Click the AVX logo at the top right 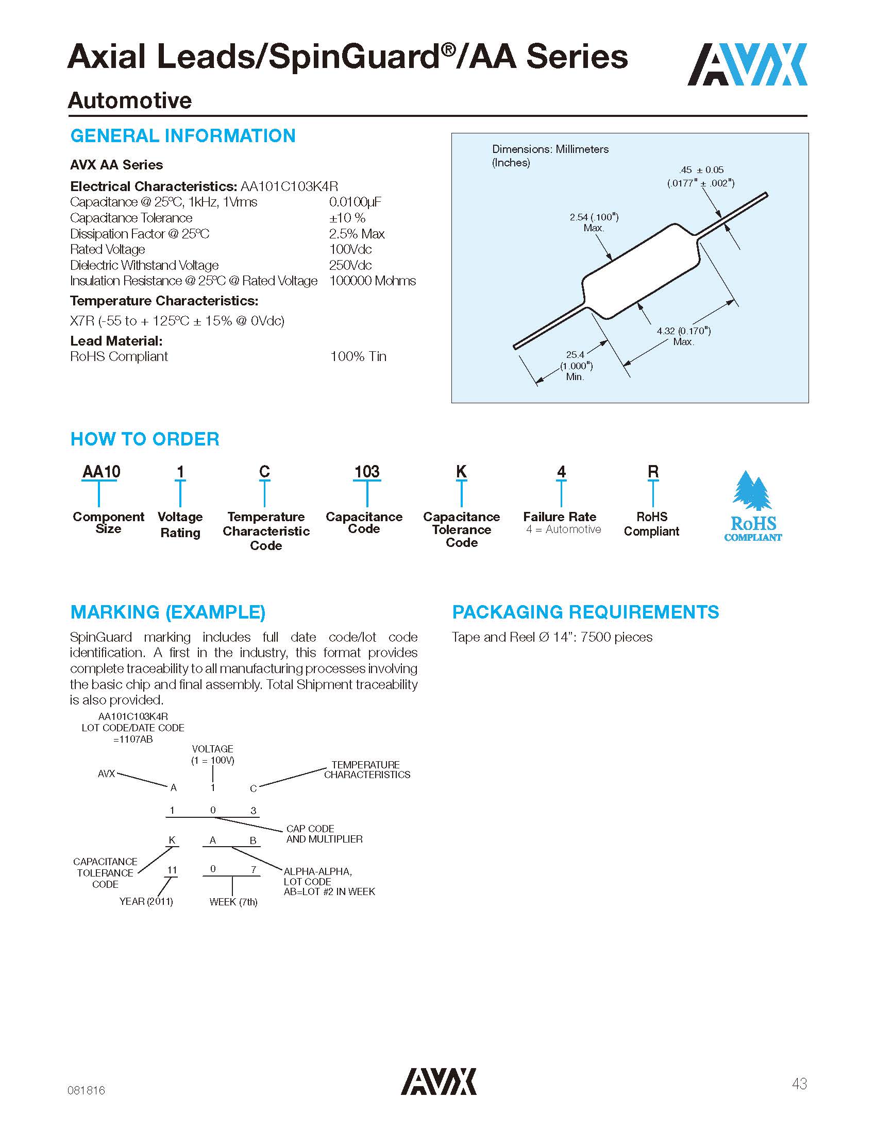pos(747,64)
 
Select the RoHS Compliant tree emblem pos(752,506)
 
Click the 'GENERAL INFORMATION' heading pos(183,136)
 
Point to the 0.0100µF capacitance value pos(355,202)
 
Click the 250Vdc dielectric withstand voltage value pos(350,265)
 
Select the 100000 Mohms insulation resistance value pos(372,281)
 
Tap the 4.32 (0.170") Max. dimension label pos(683,336)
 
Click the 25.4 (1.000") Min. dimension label pos(576,366)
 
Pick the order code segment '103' pos(367,472)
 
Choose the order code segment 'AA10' pos(101,472)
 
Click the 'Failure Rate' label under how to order pos(560,517)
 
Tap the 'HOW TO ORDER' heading pos(145,439)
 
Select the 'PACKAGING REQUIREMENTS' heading pos(585,612)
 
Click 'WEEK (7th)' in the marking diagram pos(233,902)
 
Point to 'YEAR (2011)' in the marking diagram pos(146,901)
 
